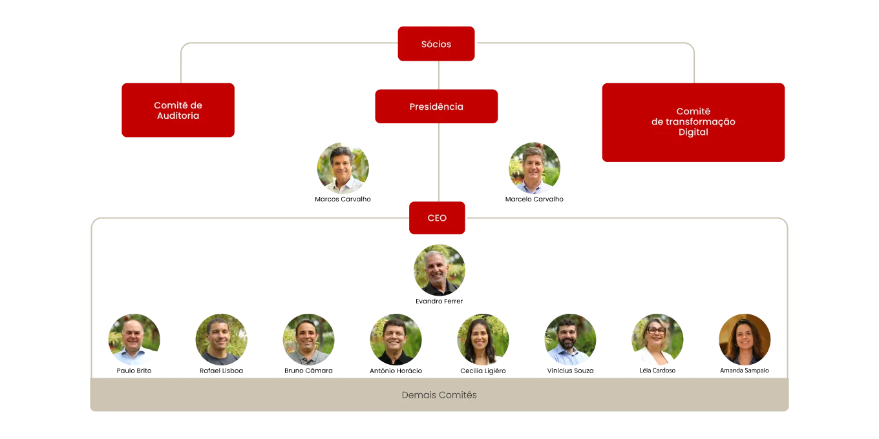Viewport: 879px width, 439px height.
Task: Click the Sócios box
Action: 436,43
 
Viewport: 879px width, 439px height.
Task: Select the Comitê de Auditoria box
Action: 178,110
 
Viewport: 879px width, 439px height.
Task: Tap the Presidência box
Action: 436,107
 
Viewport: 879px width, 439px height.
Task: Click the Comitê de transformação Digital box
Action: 694,122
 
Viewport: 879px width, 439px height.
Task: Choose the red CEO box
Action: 437,218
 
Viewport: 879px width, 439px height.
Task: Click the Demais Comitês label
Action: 439,394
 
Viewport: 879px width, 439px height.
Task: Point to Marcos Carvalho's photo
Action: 343,168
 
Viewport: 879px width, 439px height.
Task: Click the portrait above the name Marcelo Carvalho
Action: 535,168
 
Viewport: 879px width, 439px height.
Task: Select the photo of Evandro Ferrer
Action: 439,270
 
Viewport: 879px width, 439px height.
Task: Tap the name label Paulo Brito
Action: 134,371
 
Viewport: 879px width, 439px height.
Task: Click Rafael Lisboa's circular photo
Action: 221,340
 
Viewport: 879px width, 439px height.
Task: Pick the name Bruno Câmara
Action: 308,371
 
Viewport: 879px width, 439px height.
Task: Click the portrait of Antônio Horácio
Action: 396,340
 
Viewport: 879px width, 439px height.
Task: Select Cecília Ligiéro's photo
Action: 483,340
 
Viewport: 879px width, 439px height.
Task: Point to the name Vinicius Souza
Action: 570,371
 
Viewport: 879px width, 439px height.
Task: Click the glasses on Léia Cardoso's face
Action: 656,330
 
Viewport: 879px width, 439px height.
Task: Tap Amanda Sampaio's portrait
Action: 745,340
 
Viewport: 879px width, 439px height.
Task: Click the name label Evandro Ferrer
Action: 439,301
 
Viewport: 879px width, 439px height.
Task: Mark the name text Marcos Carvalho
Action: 343,199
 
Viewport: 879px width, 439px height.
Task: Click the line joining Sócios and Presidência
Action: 439,76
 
